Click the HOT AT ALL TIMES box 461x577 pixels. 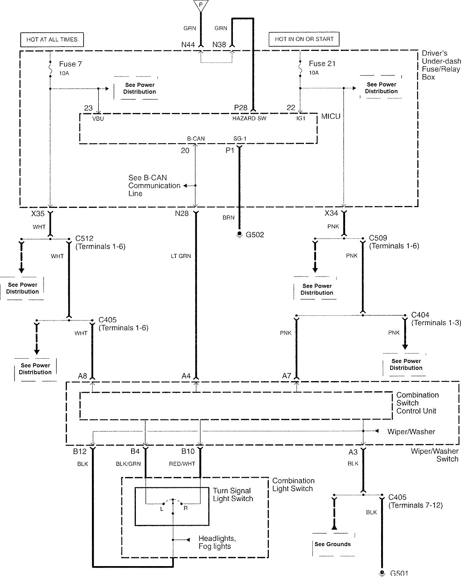(52, 40)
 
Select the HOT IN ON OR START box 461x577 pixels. (304, 39)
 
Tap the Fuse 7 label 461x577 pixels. (70, 64)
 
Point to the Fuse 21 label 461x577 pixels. (322, 64)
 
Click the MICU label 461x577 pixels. (331, 117)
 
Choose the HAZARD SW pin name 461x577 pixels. (249, 119)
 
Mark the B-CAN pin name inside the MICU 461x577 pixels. (196, 138)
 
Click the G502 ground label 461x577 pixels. (255, 235)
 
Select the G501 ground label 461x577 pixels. (399, 573)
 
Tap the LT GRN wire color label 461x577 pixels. (181, 256)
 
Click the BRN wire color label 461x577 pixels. (229, 218)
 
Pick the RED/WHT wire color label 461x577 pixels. (182, 464)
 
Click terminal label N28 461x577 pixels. (182, 214)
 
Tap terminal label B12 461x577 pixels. (80, 452)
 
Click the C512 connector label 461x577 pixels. (84, 239)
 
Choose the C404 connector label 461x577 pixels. (420, 315)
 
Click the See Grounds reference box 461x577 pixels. (333, 544)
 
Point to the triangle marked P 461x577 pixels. (200, 5)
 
